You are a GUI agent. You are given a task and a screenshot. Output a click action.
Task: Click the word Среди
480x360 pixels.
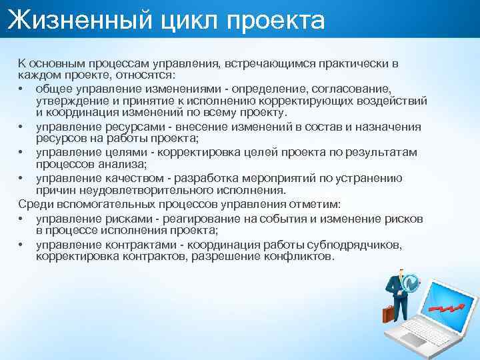[x=33, y=203]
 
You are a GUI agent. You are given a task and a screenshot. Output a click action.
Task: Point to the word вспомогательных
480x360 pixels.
[x=100, y=203]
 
